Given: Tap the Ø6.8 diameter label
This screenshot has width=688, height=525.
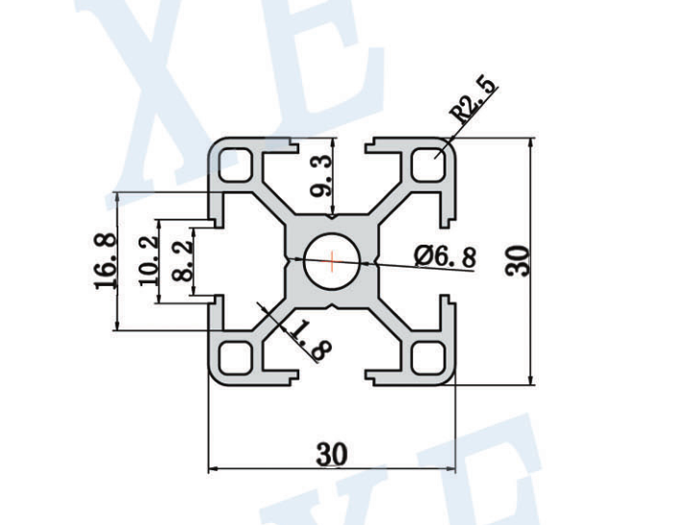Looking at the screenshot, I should coord(445,256).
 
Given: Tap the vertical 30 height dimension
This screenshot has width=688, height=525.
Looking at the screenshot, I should coord(519,261).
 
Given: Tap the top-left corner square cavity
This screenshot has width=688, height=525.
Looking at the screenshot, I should coord(234,165).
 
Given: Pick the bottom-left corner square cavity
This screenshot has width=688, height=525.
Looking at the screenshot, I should coord(234,357).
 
